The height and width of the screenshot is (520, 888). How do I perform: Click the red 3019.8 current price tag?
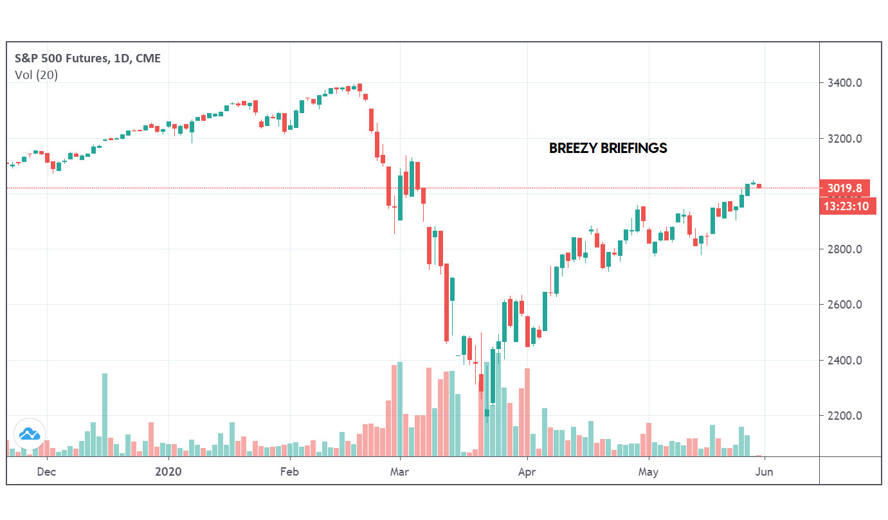click(844, 188)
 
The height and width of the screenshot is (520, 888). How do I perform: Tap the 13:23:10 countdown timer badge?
click(848, 206)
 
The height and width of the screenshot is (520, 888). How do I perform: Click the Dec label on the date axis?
click(46, 471)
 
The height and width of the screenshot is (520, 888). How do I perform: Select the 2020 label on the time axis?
click(168, 471)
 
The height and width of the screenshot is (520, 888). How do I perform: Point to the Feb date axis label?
click(290, 471)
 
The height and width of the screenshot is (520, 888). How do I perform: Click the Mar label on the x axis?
click(400, 471)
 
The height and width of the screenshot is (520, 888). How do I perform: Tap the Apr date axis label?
click(527, 471)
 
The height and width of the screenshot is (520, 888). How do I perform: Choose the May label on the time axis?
click(648, 471)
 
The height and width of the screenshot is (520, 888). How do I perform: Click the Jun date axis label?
click(764, 471)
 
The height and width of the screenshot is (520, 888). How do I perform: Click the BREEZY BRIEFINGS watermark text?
click(608, 148)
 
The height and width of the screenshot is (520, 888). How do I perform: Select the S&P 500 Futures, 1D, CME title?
click(87, 58)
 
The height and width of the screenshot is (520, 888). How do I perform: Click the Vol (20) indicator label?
click(36, 75)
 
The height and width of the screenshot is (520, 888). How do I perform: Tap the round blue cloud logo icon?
click(30, 434)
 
